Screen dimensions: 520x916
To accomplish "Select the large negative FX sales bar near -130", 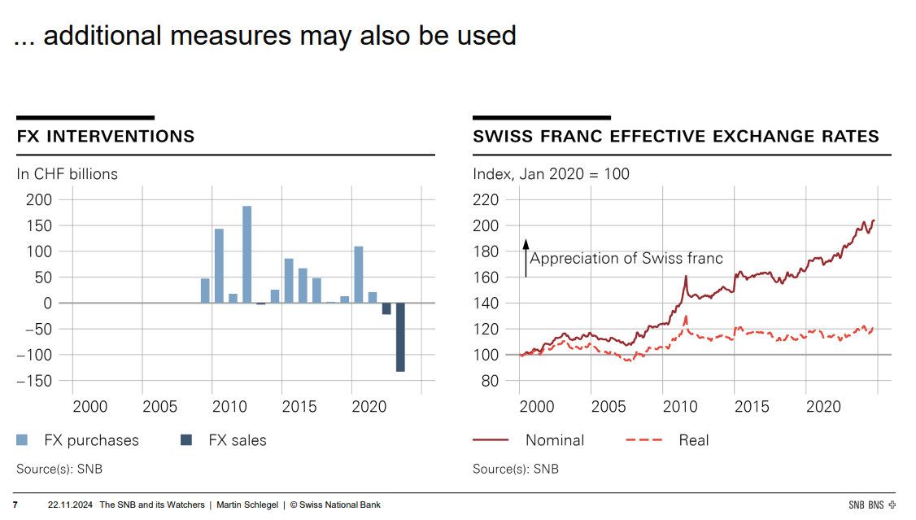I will point(400,337).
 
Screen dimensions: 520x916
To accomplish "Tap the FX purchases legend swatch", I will point(23,440).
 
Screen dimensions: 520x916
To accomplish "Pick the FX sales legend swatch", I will point(186,440).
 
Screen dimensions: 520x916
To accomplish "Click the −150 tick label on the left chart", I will point(33,381).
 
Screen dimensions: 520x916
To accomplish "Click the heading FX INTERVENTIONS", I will point(106,137).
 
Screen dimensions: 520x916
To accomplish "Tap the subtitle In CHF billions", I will point(67,174).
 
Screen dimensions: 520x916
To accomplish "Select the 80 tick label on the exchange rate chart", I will point(490,381).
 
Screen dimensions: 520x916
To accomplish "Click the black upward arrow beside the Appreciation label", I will point(526,257).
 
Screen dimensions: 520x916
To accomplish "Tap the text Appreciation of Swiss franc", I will point(626,259).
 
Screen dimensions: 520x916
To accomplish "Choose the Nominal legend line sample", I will point(491,440).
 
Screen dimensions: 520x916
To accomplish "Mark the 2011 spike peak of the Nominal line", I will point(686,276).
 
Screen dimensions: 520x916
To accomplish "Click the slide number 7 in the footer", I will point(15,505).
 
